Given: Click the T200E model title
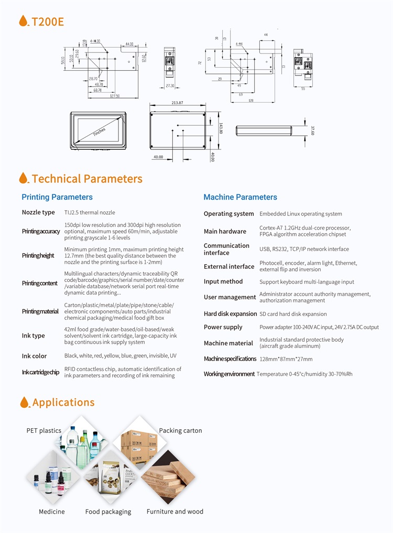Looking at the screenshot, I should tap(47, 21).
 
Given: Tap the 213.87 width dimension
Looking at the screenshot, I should tap(177, 103).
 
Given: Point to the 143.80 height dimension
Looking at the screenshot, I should tap(221, 128).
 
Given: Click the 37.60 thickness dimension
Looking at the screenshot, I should tap(312, 129).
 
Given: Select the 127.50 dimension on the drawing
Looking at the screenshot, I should tap(114, 96).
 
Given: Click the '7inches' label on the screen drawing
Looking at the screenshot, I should tap(99, 130).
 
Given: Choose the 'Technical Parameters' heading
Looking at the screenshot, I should tap(86, 179).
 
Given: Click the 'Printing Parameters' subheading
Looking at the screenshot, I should tap(57, 197).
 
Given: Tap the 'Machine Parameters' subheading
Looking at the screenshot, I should tap(240, 197).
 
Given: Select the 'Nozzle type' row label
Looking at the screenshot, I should tap(38, 212).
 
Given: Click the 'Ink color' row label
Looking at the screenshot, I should tap(34, 356).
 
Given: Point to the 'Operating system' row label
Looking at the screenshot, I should tap(228, 214).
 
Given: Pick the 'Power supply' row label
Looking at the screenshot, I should tap(223, 327).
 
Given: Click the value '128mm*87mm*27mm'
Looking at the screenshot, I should tap(286, 359).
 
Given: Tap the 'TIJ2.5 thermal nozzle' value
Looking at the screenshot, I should tap(90, 212).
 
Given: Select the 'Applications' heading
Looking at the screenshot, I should tap(63, 403).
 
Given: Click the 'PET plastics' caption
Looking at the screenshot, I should tap(44, 431).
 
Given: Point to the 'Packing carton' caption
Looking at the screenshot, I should tap(180, 431).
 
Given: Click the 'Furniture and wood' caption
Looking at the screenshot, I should tap(174, 512).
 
